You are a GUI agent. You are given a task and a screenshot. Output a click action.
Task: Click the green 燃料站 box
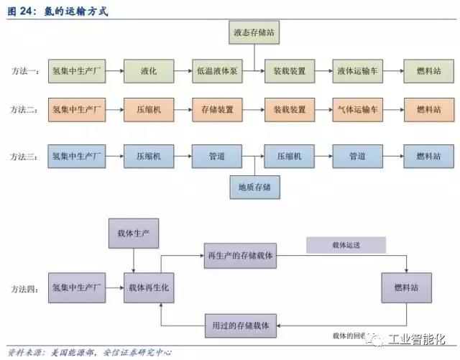pos(428,72)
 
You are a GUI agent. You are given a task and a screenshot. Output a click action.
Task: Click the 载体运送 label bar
pos(346,245)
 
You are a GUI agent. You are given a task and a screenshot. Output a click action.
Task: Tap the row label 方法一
pos(27,72)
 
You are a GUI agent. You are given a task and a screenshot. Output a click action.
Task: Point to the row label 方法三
pos(27,156)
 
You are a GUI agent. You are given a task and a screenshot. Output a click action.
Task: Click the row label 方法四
pos(27,287)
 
